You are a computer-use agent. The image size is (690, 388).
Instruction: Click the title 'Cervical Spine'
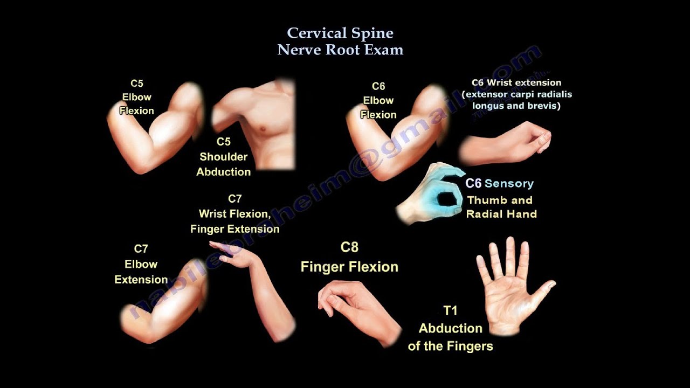pyautogui.click(x=340, y=33)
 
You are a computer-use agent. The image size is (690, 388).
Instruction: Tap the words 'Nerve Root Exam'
pyautogui.click(x=340, y=50)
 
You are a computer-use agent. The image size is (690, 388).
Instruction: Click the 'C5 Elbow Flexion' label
pyautogui.click(x=136, y=97)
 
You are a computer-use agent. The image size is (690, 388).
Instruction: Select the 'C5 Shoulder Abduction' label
pyautogui.click(x=223, y=157)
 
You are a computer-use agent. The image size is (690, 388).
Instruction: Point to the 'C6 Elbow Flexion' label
pyautogui.click(x=378, y=100)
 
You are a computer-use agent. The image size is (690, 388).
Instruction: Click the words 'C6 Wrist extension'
pyautogui.click(x=516, y=83)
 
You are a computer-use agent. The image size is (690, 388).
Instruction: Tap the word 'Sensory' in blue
pyautogui.click(x=509, y=184)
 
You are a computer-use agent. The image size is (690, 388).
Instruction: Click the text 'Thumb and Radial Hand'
pyautogui.click(x=501, y=207)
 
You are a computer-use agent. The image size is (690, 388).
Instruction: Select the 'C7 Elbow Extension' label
pyautogui.click(x=141, y=264)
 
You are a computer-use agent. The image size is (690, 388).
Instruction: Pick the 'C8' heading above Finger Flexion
pyautogui.click(x=349, y=247)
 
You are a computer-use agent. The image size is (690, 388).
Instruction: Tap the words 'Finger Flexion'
pyautogui.click(x=349, y=267)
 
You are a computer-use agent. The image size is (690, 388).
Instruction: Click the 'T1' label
pyautogui.click(x=450, y=311)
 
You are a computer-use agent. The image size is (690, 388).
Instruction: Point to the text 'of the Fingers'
pyautogui.click(x=450, y=346)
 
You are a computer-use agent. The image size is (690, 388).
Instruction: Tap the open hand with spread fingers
pyautogui.click(x=509, y=291)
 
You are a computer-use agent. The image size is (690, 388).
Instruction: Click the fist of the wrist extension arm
pyautogui.click(x=534, y=137)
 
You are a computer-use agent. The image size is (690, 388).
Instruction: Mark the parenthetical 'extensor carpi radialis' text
pyautogui.click(x=516, y=94)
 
